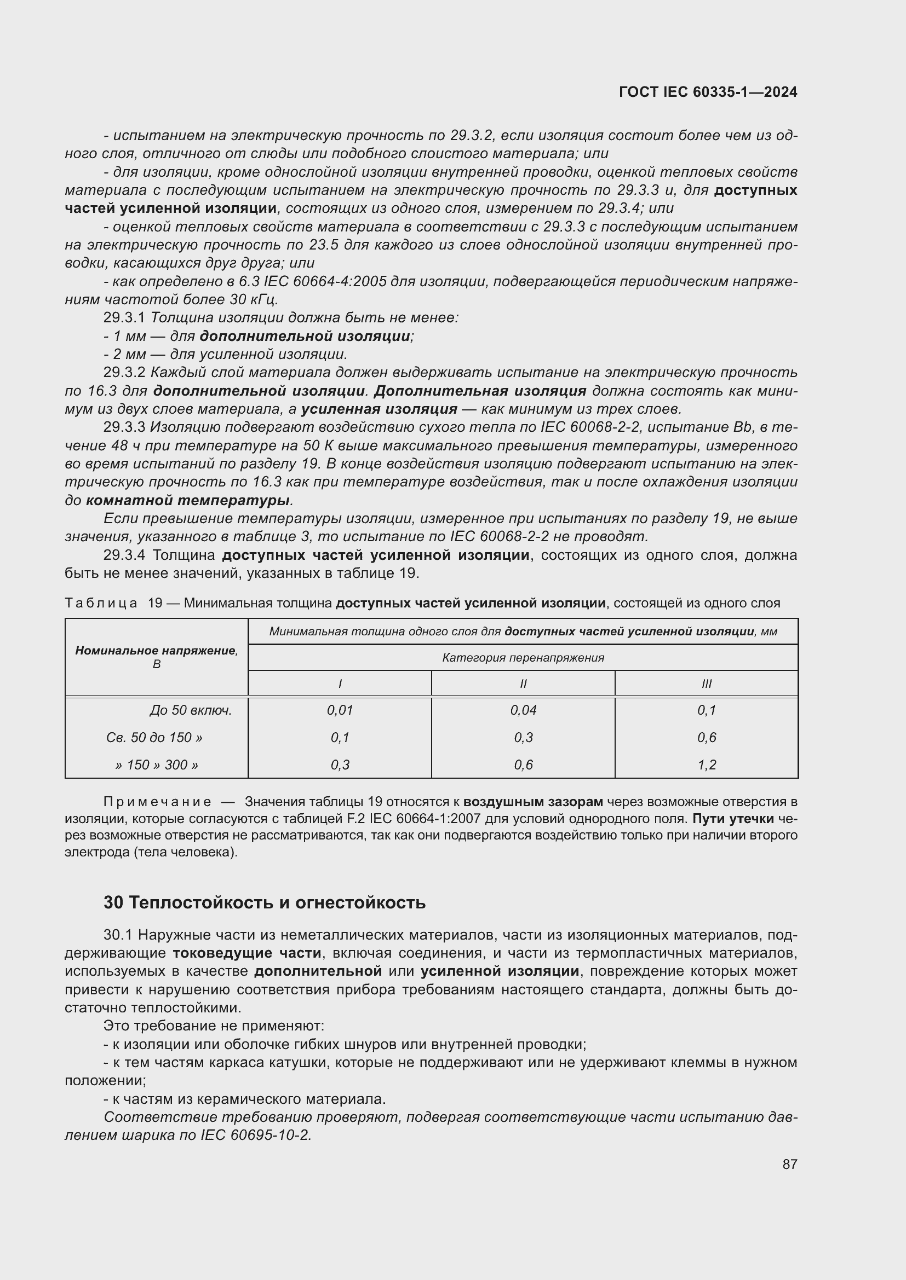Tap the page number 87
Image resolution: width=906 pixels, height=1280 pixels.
coord(789,1164)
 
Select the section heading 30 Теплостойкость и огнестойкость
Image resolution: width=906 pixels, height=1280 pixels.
coord(265,902)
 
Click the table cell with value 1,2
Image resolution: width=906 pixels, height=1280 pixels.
coord(706,765)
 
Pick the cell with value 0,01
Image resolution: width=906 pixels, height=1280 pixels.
coord(340,710)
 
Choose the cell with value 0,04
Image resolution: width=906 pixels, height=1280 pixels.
coord(523,710)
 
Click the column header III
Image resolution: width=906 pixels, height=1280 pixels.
coord(706,684)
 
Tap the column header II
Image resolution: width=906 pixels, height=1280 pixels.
coord(523,684)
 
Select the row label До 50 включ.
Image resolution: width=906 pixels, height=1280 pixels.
coord(190,711)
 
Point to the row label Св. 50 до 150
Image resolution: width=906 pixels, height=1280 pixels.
coord(154,738)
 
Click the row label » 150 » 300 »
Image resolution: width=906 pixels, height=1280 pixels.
coord(157,765)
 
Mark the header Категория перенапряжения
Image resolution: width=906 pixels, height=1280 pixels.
coord(523,658)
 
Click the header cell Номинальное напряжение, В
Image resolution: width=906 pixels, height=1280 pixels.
coord(157,657)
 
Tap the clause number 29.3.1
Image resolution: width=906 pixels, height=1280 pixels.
coord(124,318)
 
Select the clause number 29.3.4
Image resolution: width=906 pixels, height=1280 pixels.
coord(124,555)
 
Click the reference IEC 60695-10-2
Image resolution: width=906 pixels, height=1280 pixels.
coord(255,1135)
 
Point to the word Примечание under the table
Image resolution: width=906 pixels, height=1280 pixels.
coord(157,802)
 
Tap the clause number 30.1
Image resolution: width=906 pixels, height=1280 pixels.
coord(118,935)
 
